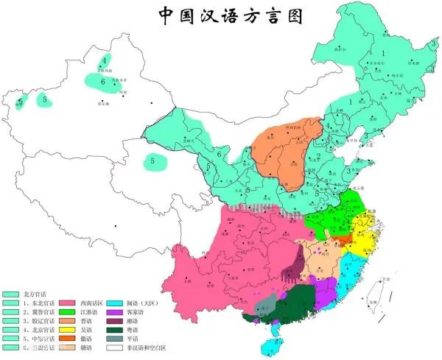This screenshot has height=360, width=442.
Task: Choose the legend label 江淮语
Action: pos(91,311)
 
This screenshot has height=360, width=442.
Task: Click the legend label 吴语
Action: pos(88,329)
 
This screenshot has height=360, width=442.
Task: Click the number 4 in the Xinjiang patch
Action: pos(105,60)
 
